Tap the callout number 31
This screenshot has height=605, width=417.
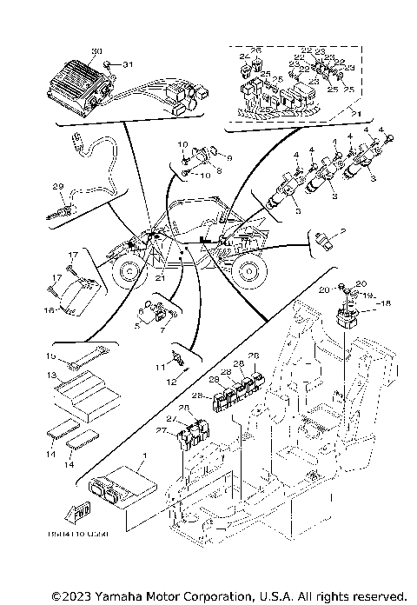(x=129, y=65)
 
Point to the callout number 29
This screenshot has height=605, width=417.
(x=58, y=187)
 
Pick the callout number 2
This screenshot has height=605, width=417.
(x=343, y=231)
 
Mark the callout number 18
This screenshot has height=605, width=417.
(x=387, y=302)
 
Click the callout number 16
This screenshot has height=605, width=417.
(x=50, y=309)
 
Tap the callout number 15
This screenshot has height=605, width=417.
(x=51, y=356)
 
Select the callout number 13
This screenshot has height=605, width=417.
(x=51, y=375)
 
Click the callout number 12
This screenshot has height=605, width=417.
(x=170, y=381)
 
